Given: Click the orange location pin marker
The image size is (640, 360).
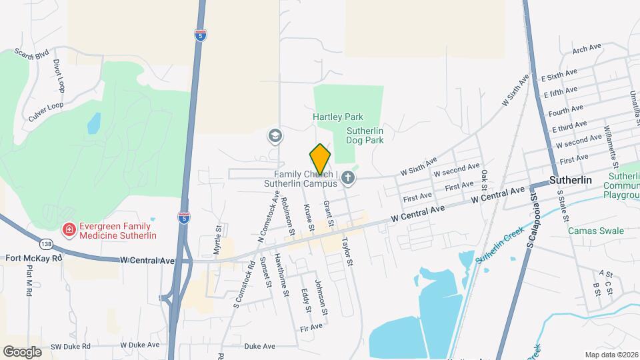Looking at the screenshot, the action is pyautogui.click(x=320, y=159).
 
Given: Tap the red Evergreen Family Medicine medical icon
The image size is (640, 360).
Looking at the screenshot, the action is pyautogui.click(x=68, y=230).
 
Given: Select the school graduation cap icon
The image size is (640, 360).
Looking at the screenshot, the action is pyautogui.click(x=274, y=137).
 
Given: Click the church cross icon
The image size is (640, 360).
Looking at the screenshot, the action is pyautogui.click(x=349, y=177).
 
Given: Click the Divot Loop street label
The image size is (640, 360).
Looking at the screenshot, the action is pyautogui.click(x=59, y=75).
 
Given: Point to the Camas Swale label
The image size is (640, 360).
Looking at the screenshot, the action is pyautogui.click(x=596, y=231).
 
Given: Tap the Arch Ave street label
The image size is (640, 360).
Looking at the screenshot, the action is pyautogui.click(x=587, y=49).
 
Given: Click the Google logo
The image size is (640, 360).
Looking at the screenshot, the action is pyautogui.click(x=22, y=352).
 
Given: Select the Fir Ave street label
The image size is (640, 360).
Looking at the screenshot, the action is pyautogui.click(x=311, y=327).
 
